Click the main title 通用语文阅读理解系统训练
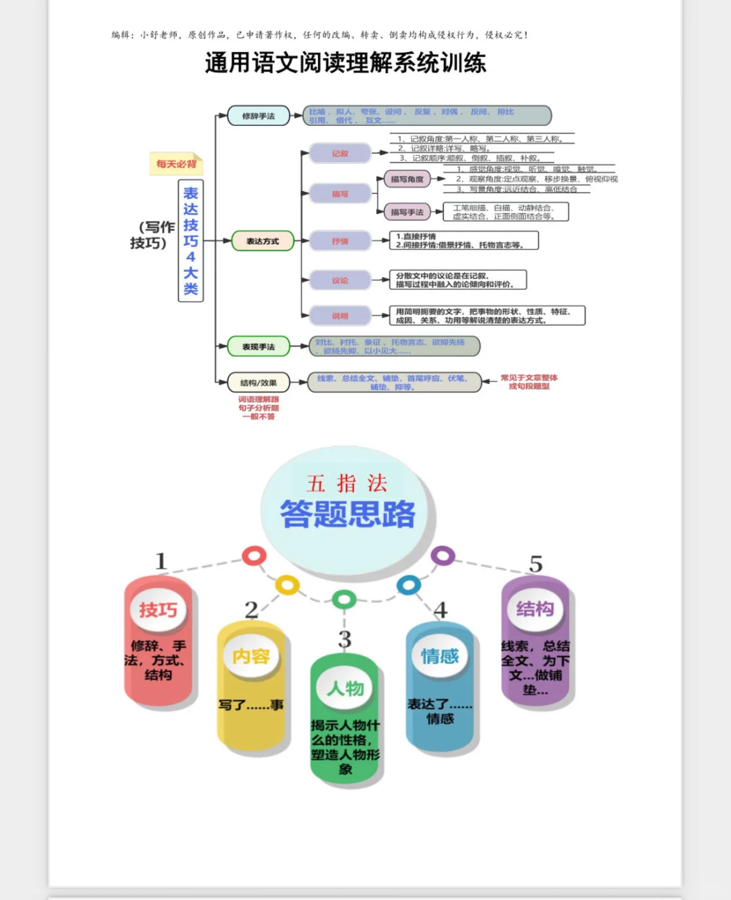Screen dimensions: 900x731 tap(345, 63)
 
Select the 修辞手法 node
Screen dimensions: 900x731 tap(259, 116)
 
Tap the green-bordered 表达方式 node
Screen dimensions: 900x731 tap(263, 241)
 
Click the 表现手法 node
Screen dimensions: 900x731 tap(259, 347)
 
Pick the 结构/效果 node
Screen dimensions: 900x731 tap(259, 383)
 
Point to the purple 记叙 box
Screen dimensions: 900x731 tap(340, 154)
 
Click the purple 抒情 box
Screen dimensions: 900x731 tap(340, 241)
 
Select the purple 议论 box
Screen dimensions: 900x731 tap(340, 280)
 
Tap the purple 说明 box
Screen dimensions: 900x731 tap(340, 316)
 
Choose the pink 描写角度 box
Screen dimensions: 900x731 tap(407, 179)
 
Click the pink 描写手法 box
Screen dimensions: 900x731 tap(407, 213)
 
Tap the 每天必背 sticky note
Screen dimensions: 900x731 tap(176, 164)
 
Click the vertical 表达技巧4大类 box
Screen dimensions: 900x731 tap(191, 241)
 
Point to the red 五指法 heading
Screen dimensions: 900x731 tap(347, 484)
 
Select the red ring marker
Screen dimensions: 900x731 tap(254, 556)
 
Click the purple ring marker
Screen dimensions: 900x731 tap(443, 556)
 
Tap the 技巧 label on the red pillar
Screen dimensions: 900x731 tap(158, 610)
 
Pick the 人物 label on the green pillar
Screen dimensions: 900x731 tap(345, 689)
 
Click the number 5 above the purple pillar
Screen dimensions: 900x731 tap(535, 564)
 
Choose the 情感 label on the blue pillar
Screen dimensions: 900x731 tap(440, 656)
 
